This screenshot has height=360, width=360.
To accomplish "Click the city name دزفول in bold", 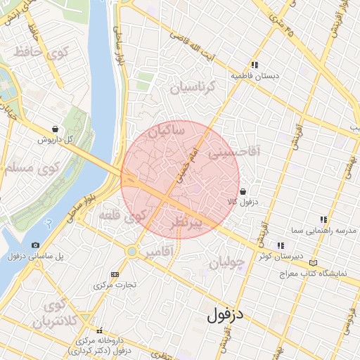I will tap(225, 314).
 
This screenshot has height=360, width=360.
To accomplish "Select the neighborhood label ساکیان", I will tap(163, 130).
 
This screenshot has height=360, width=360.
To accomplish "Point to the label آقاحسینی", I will tap(238, 150).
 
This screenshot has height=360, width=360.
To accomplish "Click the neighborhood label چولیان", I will tap(226, 263).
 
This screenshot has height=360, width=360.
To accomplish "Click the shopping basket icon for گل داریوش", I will tap(55, 129).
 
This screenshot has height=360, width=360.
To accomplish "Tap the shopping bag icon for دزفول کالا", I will tap(243, 191).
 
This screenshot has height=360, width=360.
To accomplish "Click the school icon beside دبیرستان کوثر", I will tap(281, 245).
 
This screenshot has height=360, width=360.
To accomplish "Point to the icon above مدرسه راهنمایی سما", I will tap(323, 219).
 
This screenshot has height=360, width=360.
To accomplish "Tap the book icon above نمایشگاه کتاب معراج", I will tap(313, 263).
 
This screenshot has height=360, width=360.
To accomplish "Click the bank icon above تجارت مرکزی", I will tap(115, 274).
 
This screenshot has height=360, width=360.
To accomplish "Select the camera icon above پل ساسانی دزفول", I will tap(35, 245).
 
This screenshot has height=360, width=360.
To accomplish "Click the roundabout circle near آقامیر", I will tap(131, 251).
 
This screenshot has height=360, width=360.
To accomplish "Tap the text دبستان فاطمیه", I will tap(256, 75).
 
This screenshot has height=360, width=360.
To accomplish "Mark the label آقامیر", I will tap(157, 252).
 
